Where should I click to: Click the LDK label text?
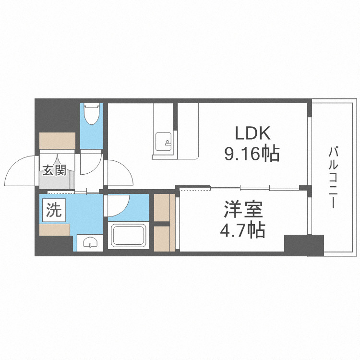pos(252,133)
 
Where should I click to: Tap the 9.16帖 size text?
pos(252,154)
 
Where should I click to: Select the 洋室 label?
pos(243,209)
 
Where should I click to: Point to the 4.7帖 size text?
pos(243,229)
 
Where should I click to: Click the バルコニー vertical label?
pos(334,178)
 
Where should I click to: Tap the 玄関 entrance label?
pos(55,170)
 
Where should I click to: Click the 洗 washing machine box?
pos(54,211)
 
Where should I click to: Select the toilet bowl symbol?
pos(92,114)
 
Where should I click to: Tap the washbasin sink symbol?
pos(90,242)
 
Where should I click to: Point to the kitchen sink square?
pos(163,142)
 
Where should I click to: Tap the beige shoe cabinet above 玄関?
pos(58,141)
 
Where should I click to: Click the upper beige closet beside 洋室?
pos(164,207)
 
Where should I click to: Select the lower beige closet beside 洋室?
pos(164,239)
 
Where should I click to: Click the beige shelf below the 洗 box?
pos(55,230)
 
